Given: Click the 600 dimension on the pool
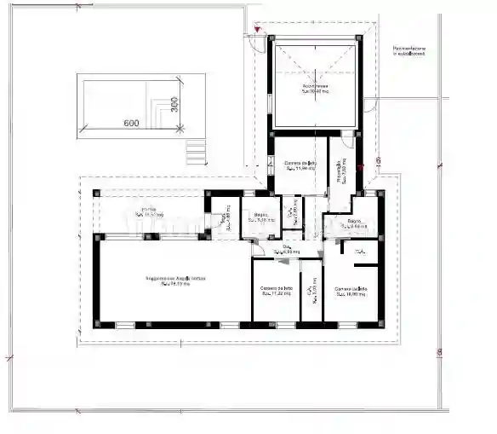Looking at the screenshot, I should (x=130, y=123).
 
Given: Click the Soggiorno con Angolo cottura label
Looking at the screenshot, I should (x=174, y=281).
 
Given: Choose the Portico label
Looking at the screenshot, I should (x=148, y=211).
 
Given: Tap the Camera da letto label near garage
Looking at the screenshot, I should (x=300, y=165).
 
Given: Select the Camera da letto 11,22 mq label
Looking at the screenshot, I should (x=276, y=292).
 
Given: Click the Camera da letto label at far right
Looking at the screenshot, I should (x=350, y=292).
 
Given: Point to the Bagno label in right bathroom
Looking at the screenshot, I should (x=355, y=224).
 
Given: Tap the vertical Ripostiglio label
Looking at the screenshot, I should (x=340, y=170).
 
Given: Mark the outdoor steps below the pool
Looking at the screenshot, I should (x=196, y=153).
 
